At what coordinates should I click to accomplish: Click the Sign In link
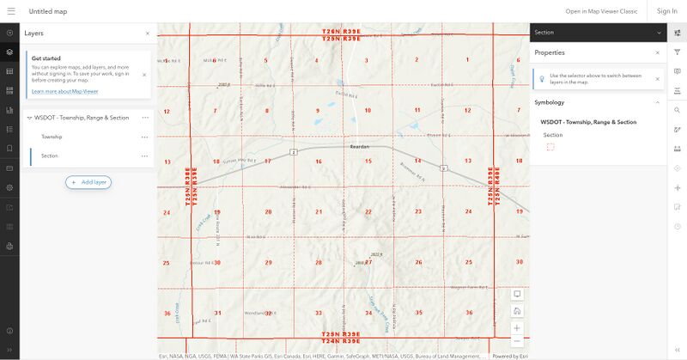[x=666, y=11]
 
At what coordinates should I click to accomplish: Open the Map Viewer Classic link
[x=601, y=11]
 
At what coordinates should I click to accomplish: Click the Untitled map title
[x=48, y=11]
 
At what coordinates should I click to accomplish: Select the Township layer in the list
[x=52, y=137]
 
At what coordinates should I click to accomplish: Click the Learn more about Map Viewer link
[x=64, y=91]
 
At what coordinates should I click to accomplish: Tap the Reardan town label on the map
[x=359, y=147]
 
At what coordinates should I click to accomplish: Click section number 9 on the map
[x=318, y=110]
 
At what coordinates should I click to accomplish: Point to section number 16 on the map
[x=318, y=161]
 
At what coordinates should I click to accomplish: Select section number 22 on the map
[x=368, y=211]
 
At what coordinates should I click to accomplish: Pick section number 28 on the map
[x=318, y=262]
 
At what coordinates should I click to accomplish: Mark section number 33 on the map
[x=318, y=313]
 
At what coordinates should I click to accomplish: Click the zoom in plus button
[x=517, y=327]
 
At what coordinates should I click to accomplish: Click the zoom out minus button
[x=517, y=341]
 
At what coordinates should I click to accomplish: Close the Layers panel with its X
[x=147, y=34]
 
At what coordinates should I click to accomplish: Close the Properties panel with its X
[x=658, y=52]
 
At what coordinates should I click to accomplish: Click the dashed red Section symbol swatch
[x=550, y=147]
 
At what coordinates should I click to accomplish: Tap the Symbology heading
[x=550, y=102]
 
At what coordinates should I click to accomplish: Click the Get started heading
[x=46, y=58]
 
